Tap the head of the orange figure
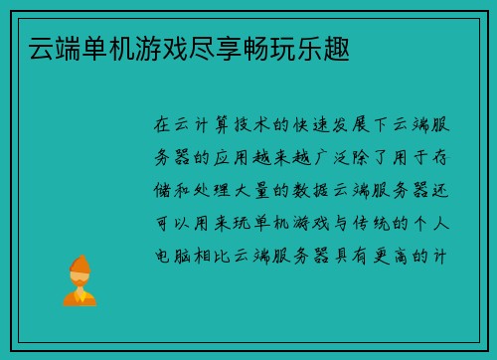click(79, 267)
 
